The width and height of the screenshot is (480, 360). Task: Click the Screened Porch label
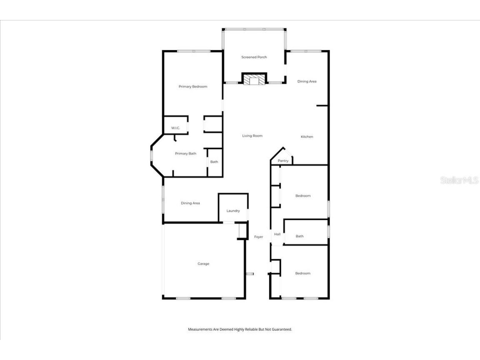254,57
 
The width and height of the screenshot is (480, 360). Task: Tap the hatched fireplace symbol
254,79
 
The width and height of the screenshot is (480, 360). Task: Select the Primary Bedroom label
193,87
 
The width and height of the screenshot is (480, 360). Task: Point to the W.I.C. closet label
175,128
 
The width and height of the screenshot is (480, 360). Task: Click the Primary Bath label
185,154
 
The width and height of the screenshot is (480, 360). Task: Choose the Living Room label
252,136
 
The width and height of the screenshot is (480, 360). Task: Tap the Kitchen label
307,137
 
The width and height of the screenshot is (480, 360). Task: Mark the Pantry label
283,161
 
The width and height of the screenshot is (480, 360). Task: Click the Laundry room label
233,211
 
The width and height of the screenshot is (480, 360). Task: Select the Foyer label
259,237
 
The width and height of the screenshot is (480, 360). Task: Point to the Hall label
277,234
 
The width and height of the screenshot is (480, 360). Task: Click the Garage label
203,264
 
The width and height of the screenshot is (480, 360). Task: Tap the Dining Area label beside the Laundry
190,203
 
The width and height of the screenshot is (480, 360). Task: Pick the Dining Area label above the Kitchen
307,82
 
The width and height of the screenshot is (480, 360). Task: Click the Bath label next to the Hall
300,236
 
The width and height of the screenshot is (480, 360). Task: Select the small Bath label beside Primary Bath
214,162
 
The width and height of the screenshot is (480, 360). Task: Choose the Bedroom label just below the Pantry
303,196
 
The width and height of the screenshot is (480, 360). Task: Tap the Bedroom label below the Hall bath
303,273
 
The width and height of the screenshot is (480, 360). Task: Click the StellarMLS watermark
460,180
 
